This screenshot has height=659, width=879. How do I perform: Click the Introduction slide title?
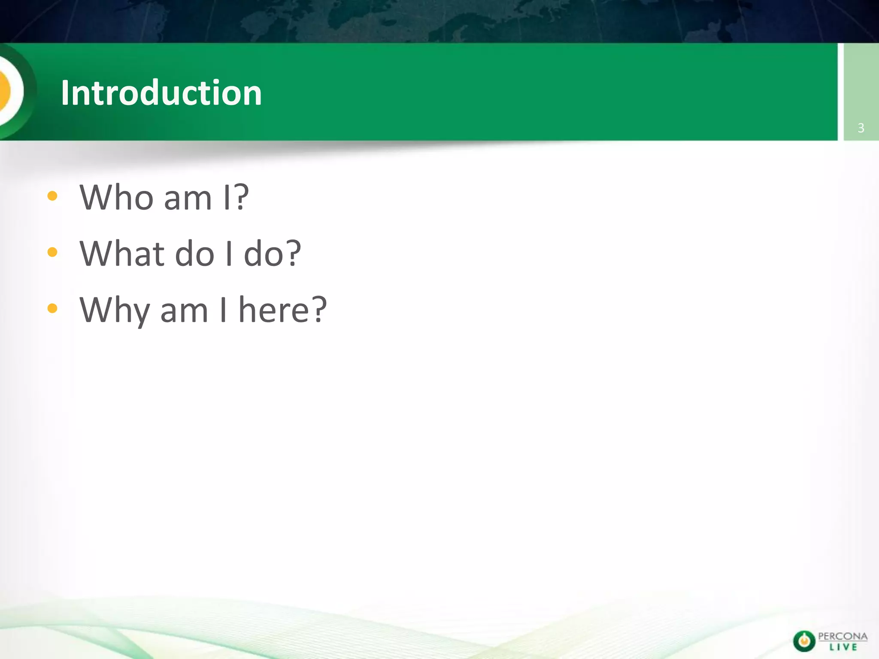pyautogui.click(x=161, y=93)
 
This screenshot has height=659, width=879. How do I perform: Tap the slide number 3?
pyautogui.click(x=861, y=128)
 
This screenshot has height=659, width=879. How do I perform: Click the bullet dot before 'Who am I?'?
pyautogui.click(x=52, y=196)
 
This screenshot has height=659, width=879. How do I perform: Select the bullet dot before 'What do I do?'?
pyautogui.click(x=52, y=252)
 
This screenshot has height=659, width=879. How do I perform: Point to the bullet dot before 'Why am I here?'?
pyautogui.click(x=52, y=308)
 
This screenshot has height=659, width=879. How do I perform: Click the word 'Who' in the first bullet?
pyautogui.click(x=116, y=197)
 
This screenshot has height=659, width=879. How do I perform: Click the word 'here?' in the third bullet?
pyautogui.click(x=282, y=310)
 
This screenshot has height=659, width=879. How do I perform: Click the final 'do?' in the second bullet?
pyautogui.click(x=273, y=254)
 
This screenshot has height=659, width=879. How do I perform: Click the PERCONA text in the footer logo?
pyautogui.click(x=843, y=636)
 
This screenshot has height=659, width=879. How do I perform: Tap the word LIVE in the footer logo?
pyautogui.click(x=843, y=647)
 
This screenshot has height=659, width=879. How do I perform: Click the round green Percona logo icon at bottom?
pyautogui.click(x=804, y=641)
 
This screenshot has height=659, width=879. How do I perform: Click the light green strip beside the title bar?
pyautogui.click(x=861, y=86)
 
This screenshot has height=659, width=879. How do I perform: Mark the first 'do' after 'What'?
pyautogui.click(x=194, y=254)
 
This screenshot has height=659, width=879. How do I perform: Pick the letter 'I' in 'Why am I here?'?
pyautogui.click(x=223, y=310)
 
